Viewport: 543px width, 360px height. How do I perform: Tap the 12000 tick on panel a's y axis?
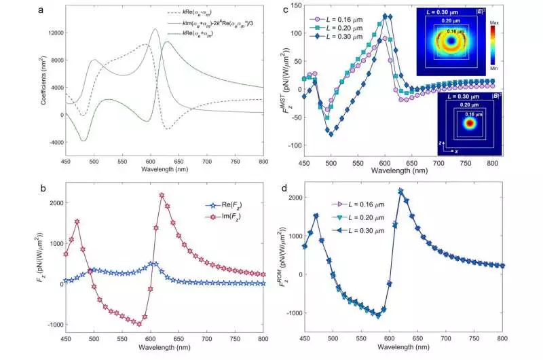51,33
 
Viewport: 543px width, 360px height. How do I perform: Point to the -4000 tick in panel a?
51,142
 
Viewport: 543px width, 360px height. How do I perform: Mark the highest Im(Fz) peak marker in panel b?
162,196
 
